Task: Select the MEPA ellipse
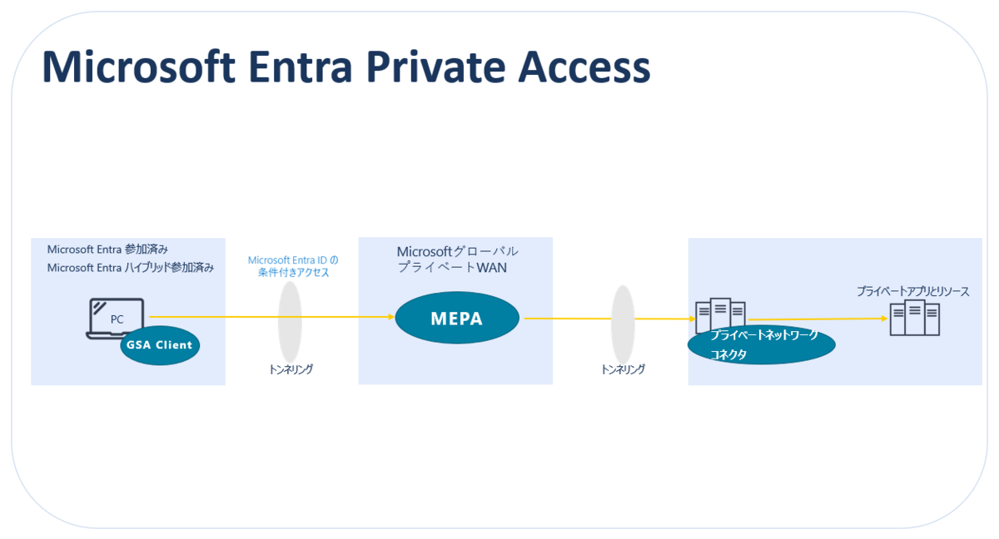pyautogui.click(x=457, y=318)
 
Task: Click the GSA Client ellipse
pyautogui.click(x=160, y=345)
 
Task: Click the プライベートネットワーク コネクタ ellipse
pyautogui.click(x=761, y=344)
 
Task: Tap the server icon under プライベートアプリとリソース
pyautogui.click(x=914, y=319)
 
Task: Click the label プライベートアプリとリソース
pyautogui.click(x=912, y=292)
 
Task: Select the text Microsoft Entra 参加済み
pyautogui.click(x=107, y=250)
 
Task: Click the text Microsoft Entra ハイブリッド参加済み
pyautogui.click(x=131, y=268)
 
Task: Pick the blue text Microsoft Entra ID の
pyautogui.click(x=293, y=260)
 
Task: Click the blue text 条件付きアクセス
pyautogui.click(x=293, y=273)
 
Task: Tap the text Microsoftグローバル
pyautogui.click(x=457, y=251)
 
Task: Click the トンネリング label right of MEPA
pyautogui.click(x=623, y=369)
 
